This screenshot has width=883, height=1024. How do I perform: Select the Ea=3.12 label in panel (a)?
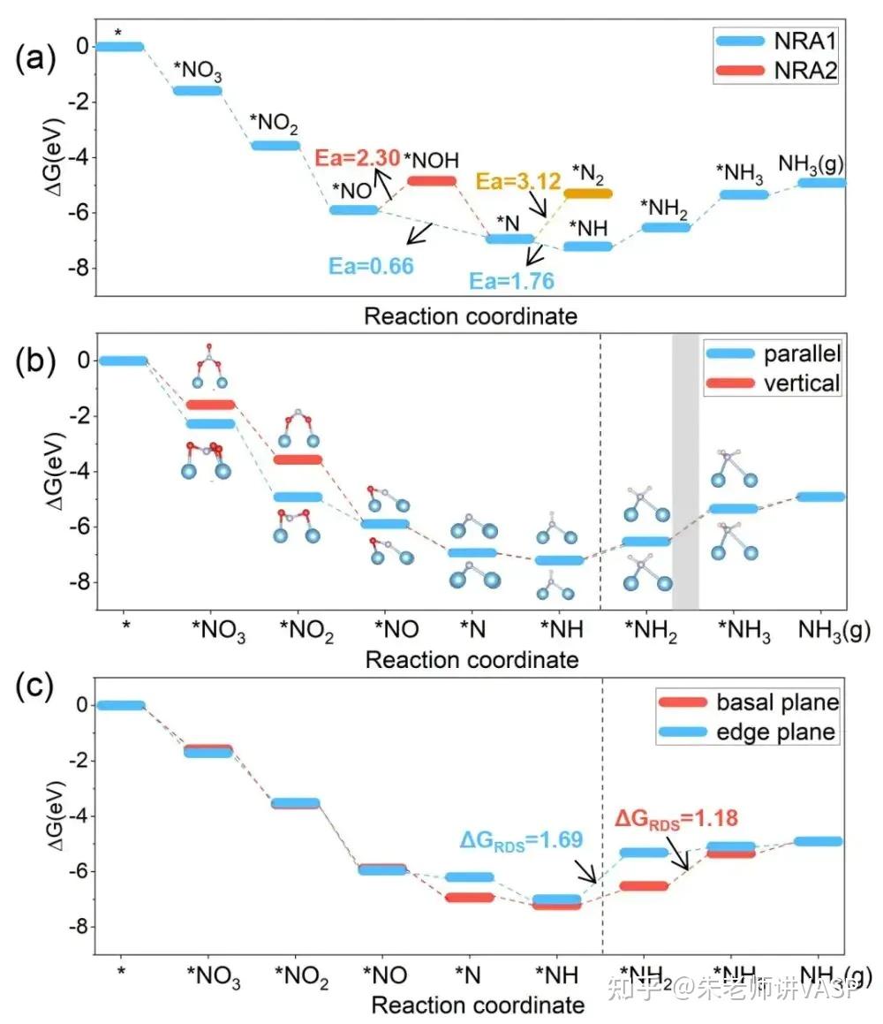(x=518, y=182)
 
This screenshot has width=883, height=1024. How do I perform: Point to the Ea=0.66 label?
(x=372, y=266)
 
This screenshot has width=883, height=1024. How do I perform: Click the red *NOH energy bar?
(x=432, y=180)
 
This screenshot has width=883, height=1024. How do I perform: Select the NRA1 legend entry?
(x=776, y=41)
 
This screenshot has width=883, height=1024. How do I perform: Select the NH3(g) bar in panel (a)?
(x=821, y=182)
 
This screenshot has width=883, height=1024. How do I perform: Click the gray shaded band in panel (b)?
(x=685, y=471)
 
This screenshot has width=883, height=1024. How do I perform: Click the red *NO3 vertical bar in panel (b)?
(x=210, y=405)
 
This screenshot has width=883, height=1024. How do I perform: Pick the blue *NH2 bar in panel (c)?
(x=644, y=853)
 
